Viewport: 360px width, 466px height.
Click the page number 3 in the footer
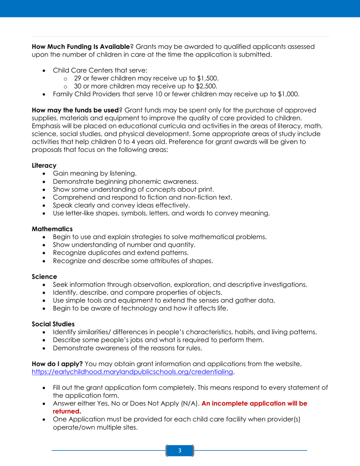(x=180, y=450)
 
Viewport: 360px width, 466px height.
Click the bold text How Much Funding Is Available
(x=81, y=47)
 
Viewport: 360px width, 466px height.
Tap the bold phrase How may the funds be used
(x=75, y=110)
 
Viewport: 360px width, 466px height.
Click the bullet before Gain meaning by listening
(x=45, y=174)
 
